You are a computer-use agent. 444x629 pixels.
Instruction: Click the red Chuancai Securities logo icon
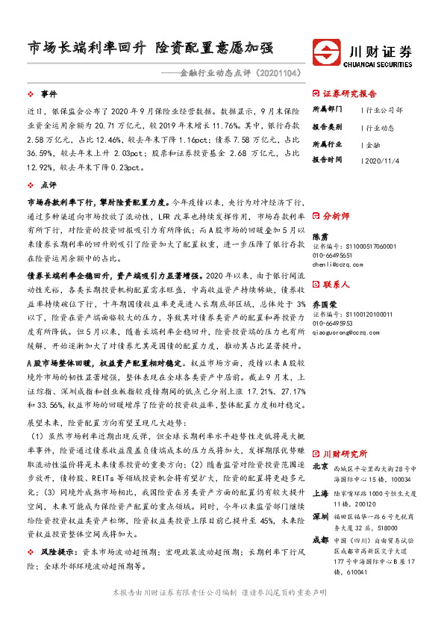[326, 54]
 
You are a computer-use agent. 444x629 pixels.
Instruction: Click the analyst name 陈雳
[319, 235]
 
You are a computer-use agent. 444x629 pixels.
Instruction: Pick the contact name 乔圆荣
[323, 305]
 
